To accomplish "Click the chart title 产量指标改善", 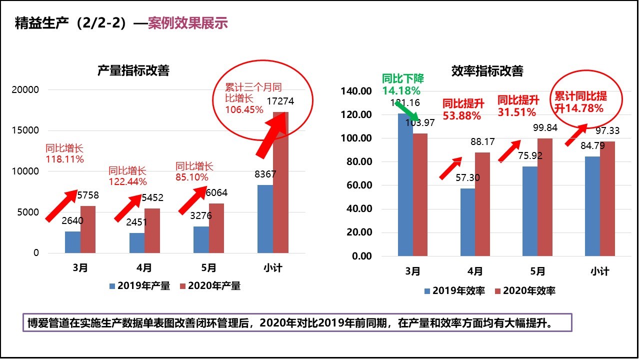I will coord(133,70).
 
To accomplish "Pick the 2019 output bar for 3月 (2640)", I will coord(72,242).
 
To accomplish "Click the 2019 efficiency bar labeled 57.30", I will coord(467,222).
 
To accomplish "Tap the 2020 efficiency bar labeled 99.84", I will coord(545,197).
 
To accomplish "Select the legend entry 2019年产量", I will coord(140,286).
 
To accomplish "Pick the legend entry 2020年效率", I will coord(524,290).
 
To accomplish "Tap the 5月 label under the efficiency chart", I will coord(537,271).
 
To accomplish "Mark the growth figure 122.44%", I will coord(127,181).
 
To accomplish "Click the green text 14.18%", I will coord(401,90).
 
